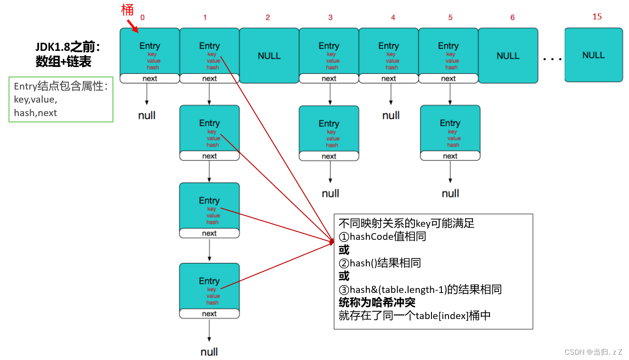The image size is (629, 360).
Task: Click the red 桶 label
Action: click(128, 10)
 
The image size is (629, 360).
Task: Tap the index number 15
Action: click(597, 17)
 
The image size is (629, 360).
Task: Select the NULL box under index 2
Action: click(269, 56)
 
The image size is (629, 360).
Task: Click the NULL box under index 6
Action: click(508, 56)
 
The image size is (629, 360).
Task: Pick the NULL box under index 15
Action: click(593, 55)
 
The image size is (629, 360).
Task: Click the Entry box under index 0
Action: click(149, 52)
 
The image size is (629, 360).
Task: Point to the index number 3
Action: click(330, 18)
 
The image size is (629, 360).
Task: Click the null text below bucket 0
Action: click(147, 116)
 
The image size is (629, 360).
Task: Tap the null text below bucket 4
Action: click(391, 116)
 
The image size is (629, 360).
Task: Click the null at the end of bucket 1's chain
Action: click(209, 351)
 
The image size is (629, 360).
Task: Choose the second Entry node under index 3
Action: click(329, 129)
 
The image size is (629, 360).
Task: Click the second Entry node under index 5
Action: click(450, 129)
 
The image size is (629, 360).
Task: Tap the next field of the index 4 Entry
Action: click(389, 79)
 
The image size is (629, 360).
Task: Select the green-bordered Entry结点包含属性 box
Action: click(61, 99)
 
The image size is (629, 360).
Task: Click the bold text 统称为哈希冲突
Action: click(377, 302)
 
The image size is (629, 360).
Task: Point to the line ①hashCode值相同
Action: click(382, 236)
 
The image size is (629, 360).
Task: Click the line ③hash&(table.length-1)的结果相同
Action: click(420, 289)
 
